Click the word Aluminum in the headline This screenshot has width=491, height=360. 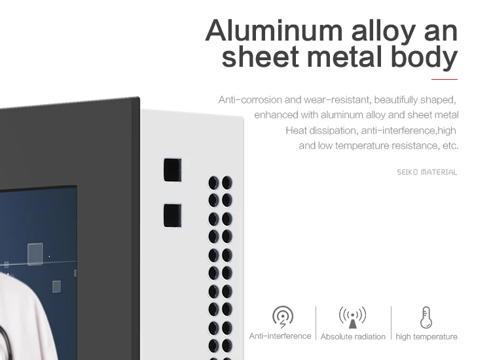click(x=274, y=31)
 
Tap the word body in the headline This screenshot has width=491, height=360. click(x=424, y=57)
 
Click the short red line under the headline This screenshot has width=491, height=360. click(x=445, y=79)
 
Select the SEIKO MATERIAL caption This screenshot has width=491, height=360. click(x=427, y=172)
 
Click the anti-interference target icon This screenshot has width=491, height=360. click(x=283, y=317)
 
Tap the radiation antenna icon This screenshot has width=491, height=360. click(x=352, y=317)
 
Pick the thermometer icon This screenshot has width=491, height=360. click(x=426, y=317)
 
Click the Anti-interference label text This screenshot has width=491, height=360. click(x=280, y=336)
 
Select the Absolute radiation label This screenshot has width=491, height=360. click(x=353, y=337)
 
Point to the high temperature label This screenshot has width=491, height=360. click(x=426, y=337)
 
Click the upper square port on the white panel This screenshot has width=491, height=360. click(x=173, y=170)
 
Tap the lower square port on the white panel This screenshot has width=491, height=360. click(x=173, y=215)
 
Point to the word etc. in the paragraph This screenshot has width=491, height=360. click(x=450, y=146)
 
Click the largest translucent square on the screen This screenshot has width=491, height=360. click(x=35, y=254)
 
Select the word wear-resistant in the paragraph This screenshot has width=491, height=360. click(x=338, y=100)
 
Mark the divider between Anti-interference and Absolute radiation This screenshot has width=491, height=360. click(x=316, y=323)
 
